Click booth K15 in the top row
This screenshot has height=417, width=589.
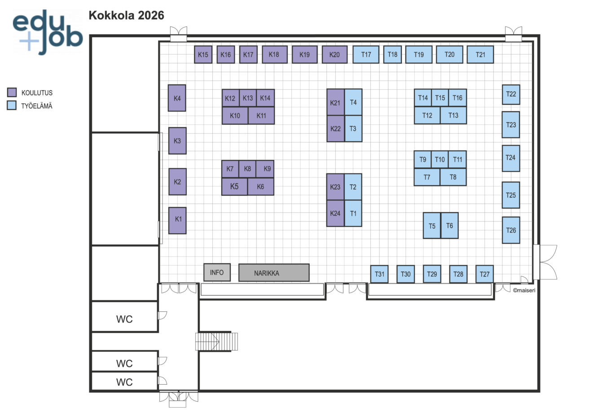[x=203, y=54]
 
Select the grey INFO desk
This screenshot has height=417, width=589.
[x=217, y=272]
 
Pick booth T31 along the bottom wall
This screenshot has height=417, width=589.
[x=379, y=274]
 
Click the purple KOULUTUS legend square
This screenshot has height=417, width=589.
[x=12, y=93]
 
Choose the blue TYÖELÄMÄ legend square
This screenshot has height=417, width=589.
[x=12, y=106]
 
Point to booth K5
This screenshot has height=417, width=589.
[x=234, y=186]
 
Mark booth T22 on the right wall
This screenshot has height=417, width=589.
[x=511, y=94]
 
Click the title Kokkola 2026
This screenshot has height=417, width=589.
[x=126, y=15]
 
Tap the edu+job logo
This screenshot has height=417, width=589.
[x=47, y=32]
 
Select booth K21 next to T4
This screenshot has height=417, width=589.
[x=335, y=102]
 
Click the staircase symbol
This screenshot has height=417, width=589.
[x=216, y=342]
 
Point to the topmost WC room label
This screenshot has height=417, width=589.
[x=124, y=319]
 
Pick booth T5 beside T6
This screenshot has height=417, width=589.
[x=432, y=226]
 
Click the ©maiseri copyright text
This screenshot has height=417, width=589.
[x=524, y=290]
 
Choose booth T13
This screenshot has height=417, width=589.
[x=453, y=115]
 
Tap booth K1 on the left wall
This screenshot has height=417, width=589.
[x=178, y=220]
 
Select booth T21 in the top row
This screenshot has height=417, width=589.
[x=480, y=54]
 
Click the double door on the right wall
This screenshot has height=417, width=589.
[x=544, y=262]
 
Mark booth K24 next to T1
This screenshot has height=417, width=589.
[x=335, y=213]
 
